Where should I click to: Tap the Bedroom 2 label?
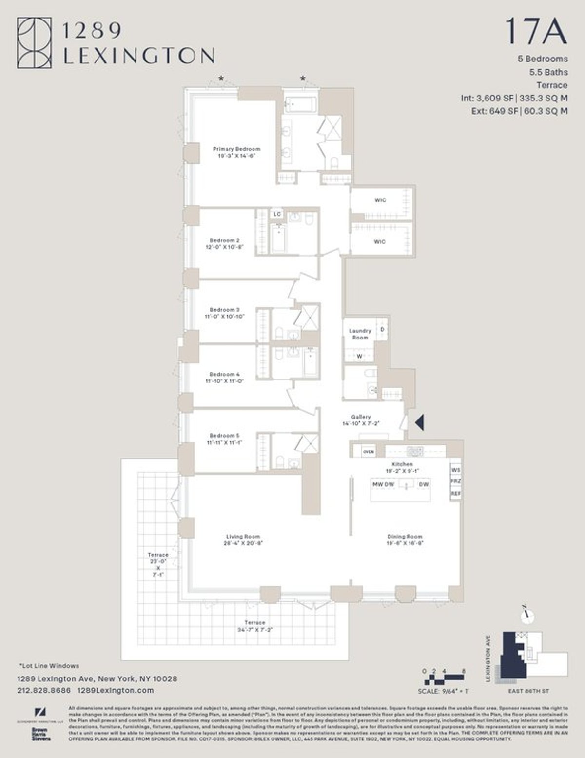tap(224, 243)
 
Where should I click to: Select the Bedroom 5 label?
tap(224, 439)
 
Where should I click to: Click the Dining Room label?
tap(405, 539)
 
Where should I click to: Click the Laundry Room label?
tap(360, 334)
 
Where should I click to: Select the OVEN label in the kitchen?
tap(369, 452)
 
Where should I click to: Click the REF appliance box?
tap(456, 494)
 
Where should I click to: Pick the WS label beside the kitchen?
tap(456, 470)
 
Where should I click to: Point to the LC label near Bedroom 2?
tap(277, 214)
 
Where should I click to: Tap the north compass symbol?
tap(526, 616)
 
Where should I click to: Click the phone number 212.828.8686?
tap(44, 690)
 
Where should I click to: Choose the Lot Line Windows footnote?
tap(49, 665)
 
